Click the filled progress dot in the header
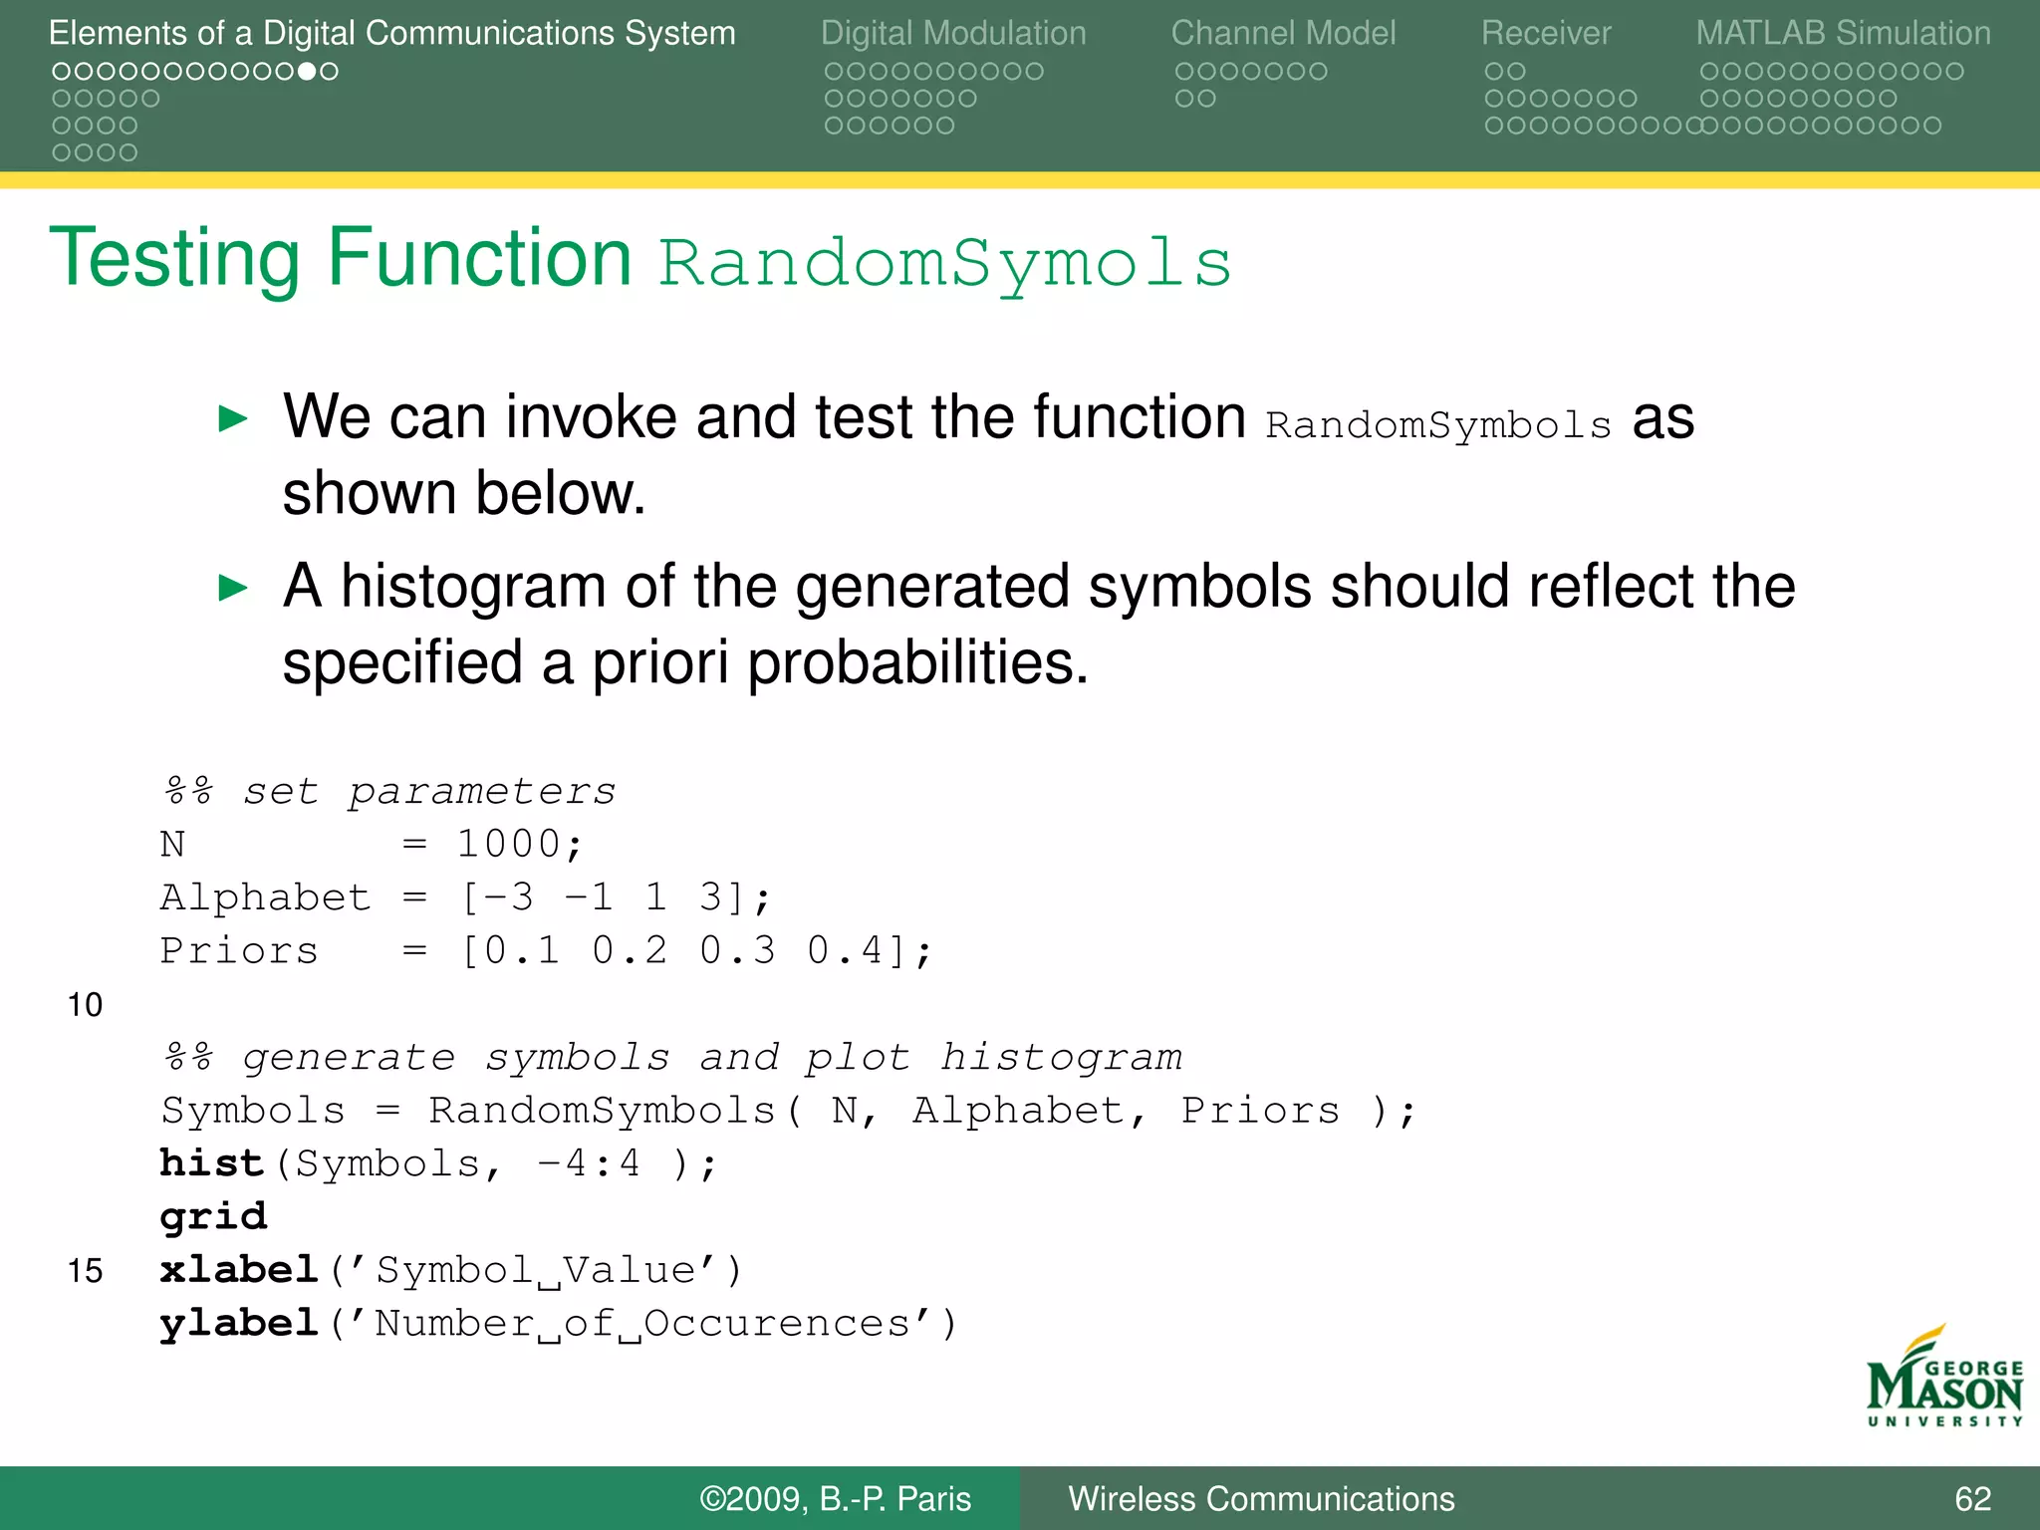tap(307, 72)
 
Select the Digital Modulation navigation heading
tap(952, 33)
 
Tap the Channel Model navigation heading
tap(1283, 33)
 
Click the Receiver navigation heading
tap(1545, 33)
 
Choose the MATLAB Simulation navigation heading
tap(1843, 33)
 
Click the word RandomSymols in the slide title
tap(944, 264)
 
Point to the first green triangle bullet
tap(232, 418)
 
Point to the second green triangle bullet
tap(232, 588)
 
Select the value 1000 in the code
tap(508, 845)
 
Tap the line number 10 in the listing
tap(85, 1005)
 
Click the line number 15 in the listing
tap(85, 1271)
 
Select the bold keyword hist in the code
tap(211, 1163)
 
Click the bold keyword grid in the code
tap(213, 1217)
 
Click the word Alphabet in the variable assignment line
tap(265, 897)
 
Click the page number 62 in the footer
tap(1972, 1499)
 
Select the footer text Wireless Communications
tap(1261, 1499)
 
